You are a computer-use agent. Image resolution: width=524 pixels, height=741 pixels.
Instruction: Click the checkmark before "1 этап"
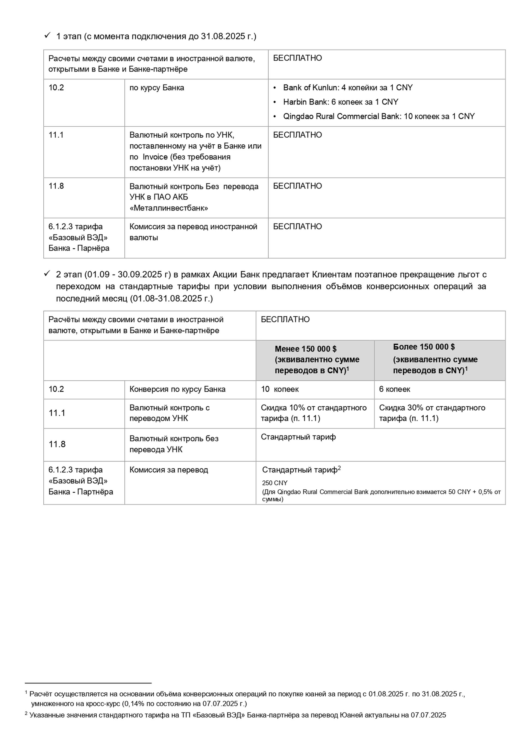point(47,35)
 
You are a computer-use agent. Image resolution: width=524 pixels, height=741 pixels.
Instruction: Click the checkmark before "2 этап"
point(47,274)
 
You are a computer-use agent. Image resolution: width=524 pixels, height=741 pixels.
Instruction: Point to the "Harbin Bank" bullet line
point(340,102)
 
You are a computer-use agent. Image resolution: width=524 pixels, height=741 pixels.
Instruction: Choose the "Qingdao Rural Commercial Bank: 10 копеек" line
point(379,116)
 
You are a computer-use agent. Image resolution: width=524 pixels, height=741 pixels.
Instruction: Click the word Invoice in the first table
point(155,157)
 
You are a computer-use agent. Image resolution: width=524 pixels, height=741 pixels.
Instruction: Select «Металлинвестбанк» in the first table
point(169,208)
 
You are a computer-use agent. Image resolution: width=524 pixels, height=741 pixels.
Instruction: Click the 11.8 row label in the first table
point(56,186)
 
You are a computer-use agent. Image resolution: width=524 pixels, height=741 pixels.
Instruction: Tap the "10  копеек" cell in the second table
point(280,389)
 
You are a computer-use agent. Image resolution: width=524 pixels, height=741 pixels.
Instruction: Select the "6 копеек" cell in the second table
point(394,389)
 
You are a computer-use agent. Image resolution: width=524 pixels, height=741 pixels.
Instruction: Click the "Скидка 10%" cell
point(313,413)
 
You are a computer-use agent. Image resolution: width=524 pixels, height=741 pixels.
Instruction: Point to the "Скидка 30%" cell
point(432,413)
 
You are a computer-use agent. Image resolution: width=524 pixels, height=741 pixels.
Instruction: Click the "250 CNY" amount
point(275,483)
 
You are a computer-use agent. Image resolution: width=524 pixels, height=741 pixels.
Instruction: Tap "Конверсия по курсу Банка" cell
point(177,389)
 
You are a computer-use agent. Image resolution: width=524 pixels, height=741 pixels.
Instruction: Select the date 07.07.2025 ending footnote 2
point(428,715)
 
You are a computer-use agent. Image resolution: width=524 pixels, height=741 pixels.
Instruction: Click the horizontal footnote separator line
point(88,683)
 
